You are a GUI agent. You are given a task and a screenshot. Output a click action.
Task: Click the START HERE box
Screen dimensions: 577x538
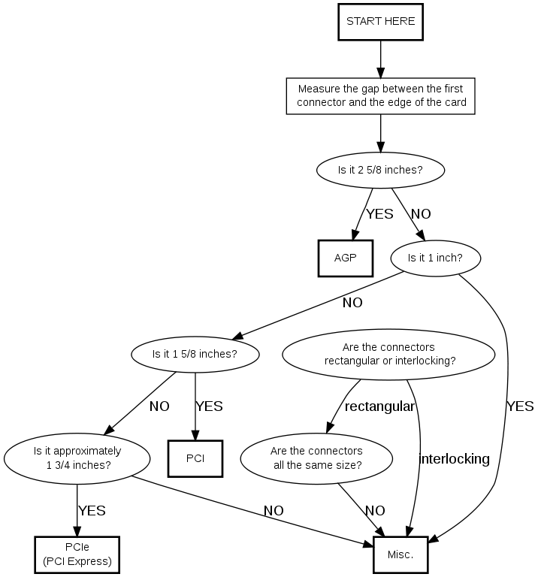click(380, 22)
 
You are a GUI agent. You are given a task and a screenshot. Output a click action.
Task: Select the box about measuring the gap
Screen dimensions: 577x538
click(381, 95)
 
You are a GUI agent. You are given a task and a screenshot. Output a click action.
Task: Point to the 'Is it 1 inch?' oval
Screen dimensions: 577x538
click(435, 258)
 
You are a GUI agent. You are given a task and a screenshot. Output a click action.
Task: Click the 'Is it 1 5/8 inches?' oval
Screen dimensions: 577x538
click(195, 353)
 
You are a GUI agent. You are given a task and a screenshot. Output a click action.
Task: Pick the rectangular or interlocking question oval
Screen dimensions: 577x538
click(389, 354)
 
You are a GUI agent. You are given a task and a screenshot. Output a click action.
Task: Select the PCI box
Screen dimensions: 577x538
click(195, 456)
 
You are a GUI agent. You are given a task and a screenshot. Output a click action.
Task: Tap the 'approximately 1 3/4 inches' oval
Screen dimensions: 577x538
click(77, 458)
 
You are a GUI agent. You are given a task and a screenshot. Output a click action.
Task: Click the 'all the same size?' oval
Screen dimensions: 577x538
click(316, 458)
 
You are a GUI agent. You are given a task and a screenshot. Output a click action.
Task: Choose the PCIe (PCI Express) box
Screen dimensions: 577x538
click(77, 554)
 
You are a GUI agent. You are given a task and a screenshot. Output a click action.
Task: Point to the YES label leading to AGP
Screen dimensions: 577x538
click(379, 214)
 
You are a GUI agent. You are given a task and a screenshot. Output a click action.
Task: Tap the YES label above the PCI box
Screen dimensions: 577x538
click(209, 406)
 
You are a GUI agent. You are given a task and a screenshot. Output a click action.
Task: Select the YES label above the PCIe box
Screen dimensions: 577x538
click(92, 511)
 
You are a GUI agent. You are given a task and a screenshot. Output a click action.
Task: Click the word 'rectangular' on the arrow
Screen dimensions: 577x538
click(379, 406)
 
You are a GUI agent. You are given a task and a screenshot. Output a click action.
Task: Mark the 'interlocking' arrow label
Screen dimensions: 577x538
click(454, 459)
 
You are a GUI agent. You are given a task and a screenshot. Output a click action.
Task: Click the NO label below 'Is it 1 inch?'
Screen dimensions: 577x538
click(352, 304)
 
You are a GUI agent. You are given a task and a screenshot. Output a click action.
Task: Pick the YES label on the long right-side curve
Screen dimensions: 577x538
click(520, 406)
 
